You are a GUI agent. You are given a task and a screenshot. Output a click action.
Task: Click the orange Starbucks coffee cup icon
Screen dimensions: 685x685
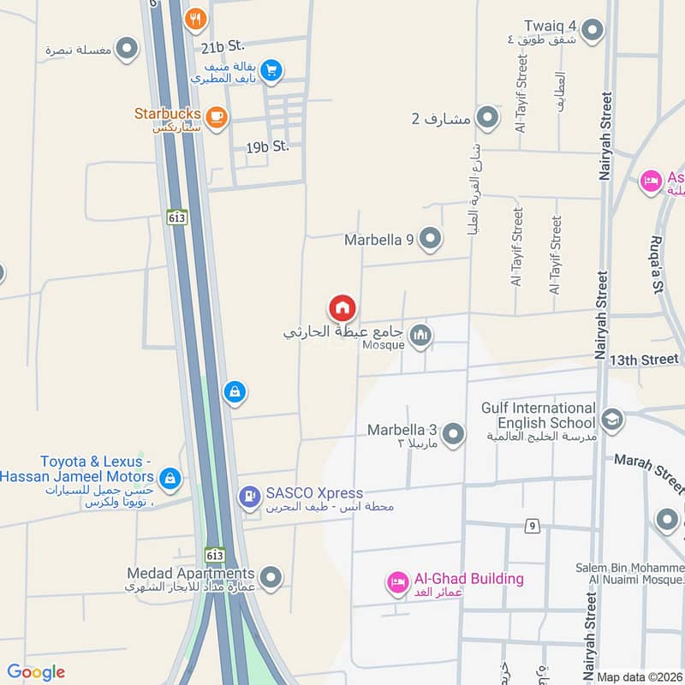pos(215,116)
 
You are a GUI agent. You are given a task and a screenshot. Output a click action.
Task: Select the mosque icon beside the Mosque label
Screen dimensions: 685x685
pos(420,335)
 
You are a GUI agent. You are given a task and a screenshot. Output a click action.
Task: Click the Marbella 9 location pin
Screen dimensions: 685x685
pos(430,239)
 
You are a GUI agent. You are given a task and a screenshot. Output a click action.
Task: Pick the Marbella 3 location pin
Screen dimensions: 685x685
pos(453,435)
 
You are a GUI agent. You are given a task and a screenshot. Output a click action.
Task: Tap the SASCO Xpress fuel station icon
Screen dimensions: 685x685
pos(249,494)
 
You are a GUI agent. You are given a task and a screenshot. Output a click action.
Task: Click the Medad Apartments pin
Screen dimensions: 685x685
pos(271,579)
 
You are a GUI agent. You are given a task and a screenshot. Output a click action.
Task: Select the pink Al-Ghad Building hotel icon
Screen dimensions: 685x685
pos(397,581)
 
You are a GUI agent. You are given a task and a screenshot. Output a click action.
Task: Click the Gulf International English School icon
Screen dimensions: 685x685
pos(612,419)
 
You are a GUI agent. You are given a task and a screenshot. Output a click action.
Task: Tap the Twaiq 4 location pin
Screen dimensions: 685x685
pos(593,31)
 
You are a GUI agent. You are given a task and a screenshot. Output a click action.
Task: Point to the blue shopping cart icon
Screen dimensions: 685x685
pos(271,71)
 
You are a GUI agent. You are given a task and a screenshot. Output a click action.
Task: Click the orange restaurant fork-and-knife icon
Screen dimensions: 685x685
pos(196,16)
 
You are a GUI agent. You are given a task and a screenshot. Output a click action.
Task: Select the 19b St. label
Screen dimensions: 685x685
pos(267,147)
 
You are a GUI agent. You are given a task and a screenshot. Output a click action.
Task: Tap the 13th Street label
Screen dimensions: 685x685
pos(644,360)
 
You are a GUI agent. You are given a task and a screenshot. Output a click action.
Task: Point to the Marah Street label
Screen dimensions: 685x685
pos(648,471)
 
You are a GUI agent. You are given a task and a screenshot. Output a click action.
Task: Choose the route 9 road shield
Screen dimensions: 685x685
pos(533,526)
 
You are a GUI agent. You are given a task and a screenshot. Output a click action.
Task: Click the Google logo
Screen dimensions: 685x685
pos(36,672)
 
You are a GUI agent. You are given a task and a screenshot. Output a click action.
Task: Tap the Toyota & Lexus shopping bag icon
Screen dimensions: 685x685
pos(170,478)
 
